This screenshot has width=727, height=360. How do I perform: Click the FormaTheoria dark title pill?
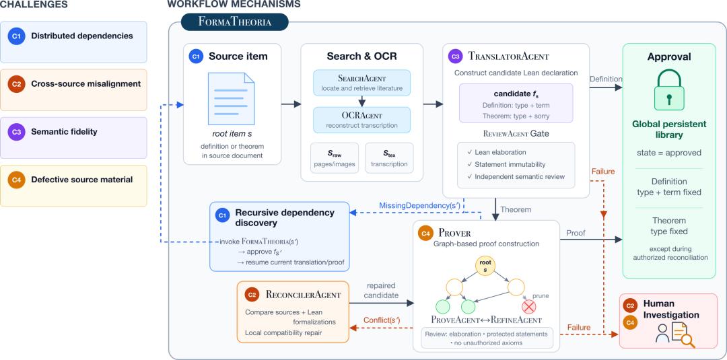(235, 22)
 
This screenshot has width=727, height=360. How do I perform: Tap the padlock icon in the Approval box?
(668, 92)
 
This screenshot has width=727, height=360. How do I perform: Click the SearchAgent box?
(361, 83)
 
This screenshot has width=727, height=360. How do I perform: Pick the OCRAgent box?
(361, 120)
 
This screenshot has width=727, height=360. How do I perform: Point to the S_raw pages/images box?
(335, 158)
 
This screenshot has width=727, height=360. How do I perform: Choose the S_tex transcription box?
(389, 158)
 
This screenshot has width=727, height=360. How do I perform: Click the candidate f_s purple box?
(516, 103)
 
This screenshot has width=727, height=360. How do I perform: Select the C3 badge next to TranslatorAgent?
(455, 57)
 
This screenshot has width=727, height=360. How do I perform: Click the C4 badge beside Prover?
(424, 233)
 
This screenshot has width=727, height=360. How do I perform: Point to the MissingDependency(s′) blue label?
(419, 205)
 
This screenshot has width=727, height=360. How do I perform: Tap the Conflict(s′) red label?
(382, 320)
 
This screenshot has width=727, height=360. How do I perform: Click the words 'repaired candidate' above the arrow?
(380, 290)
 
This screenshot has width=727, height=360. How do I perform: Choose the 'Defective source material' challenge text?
(81, 180)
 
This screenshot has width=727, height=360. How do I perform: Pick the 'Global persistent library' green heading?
(669, 129)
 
